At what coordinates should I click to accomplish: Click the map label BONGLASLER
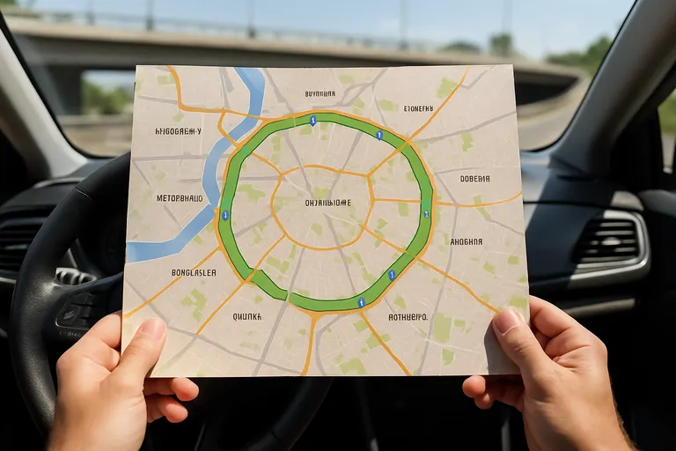[x=194, y=272]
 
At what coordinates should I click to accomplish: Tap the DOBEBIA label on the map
[x=474, y=179]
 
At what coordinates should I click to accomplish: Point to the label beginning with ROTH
[x=408, y=316]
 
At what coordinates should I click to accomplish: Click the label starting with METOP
[x=180, y=198]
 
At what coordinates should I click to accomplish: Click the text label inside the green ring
[x=327, y=203]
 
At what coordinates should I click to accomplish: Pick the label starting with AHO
[x=466, y=240]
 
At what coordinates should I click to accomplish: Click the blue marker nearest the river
[x=225, y=214]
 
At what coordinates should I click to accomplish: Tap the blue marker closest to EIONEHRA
[x=378, y=135]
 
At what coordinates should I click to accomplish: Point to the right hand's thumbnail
[x=508, y=321]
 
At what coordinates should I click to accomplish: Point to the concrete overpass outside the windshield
[x=290, y=44]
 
